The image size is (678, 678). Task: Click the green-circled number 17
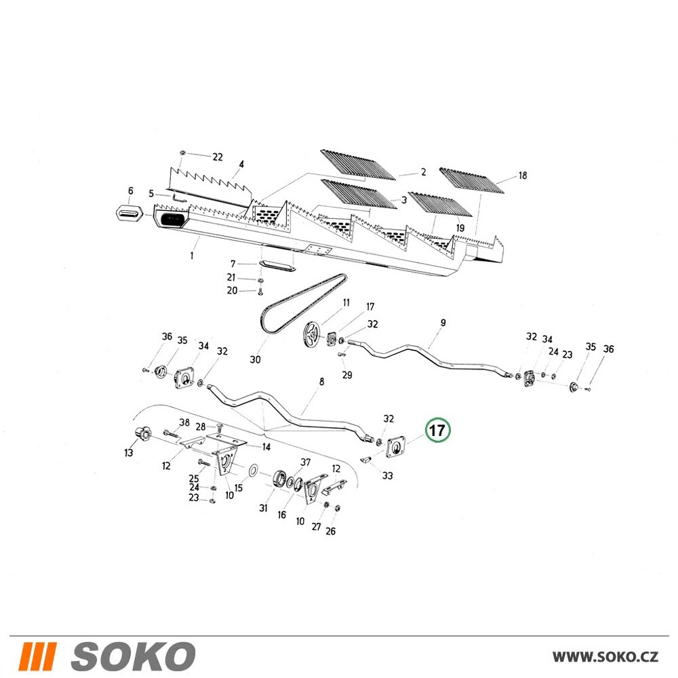[x=437, y=431]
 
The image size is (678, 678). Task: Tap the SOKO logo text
[x=133, y=656]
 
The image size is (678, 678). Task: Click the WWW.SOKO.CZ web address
[x=605, y=657]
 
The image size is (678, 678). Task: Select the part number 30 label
[x=255, y=359]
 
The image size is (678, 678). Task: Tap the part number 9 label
[x=443, y=323]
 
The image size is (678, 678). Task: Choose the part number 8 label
[x=321, y=382]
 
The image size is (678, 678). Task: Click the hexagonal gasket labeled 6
[x=131, y=212]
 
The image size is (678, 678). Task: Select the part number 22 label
[x=218, y=157]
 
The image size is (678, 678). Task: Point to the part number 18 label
[x=522, y=176]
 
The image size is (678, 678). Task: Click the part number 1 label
[x=192, y=256]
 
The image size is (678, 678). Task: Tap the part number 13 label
[x=128, y=453]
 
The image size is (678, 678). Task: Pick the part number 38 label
[x=184, y=422]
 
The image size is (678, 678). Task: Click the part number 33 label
[x=387, y=476]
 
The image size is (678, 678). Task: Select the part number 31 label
[x=263, y=508]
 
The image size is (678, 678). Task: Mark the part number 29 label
[x=346, y=375]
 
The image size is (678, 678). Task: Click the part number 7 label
[x=233, y=264]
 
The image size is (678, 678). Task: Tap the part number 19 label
[x=460, y=228]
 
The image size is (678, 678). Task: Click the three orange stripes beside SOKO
[x=38, y=656]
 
